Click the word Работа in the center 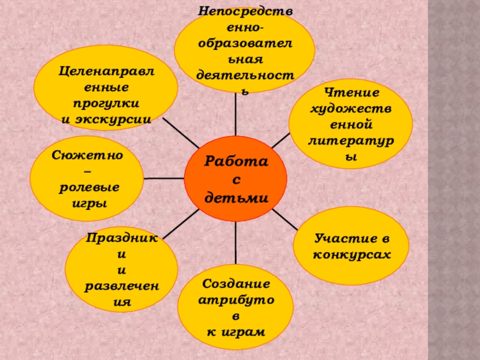coord(235,161)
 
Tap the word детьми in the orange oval coord(235,198)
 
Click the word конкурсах coord(352,254)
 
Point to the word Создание coord(236,283)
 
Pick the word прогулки coord(106,103)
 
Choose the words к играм coord(236,331)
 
